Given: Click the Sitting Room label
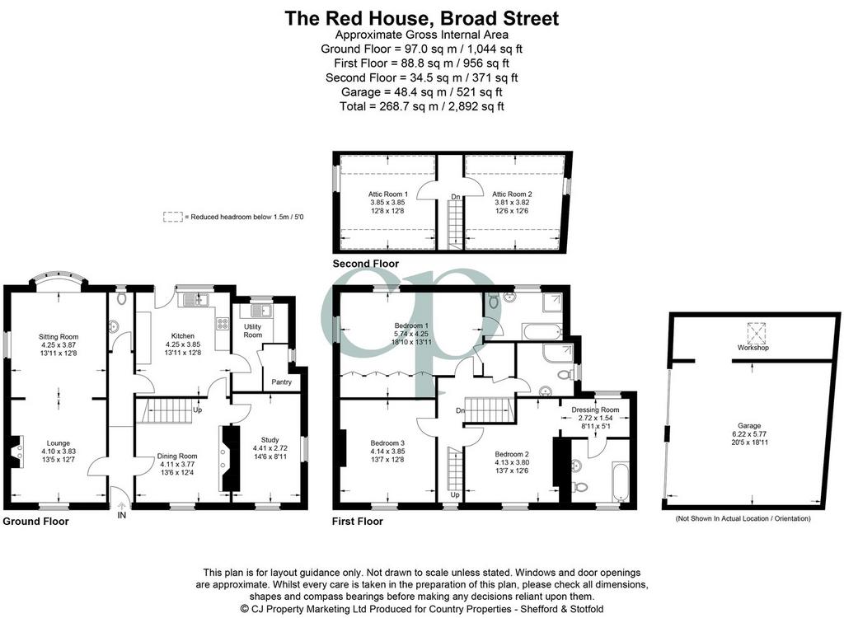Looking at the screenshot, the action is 59,337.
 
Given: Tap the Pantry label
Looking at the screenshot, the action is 282,382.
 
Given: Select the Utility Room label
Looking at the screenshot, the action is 252,330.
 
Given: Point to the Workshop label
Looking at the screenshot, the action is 753,348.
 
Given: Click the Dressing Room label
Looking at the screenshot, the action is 595,410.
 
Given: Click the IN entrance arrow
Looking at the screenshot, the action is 122,505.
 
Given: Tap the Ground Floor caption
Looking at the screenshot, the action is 36,521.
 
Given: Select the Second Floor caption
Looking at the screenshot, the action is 365,264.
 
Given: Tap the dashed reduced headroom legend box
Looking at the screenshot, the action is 173,217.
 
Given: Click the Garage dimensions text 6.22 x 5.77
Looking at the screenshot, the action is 749,434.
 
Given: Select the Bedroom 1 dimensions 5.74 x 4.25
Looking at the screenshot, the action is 412,334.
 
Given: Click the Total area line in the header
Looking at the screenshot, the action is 422,106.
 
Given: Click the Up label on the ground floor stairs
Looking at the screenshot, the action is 198,410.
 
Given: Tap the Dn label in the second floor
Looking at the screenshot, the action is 455,197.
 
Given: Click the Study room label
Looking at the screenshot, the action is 270,440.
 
